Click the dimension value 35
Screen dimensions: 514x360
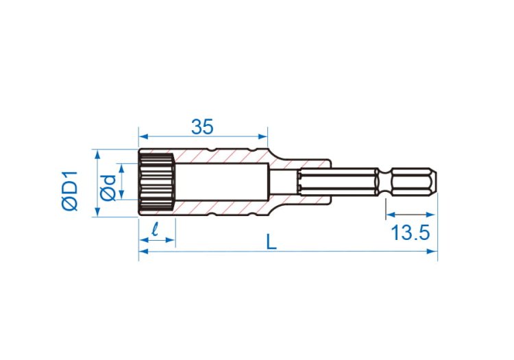pyautogui.click(x=202, y=127)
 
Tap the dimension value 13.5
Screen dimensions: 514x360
pyautogui.click(x=410, y=233)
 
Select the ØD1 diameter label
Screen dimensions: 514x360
pyautogui.click(x=70, y=191)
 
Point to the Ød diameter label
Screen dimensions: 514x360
pyautogui.click(x=108, y=188)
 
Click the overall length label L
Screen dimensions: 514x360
pyautogui.click(x=271, y=242)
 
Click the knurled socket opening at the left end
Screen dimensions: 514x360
pyautogui.click(x=157, y=182)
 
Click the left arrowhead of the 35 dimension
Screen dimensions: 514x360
pyautogui.click(x=143, y=136)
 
